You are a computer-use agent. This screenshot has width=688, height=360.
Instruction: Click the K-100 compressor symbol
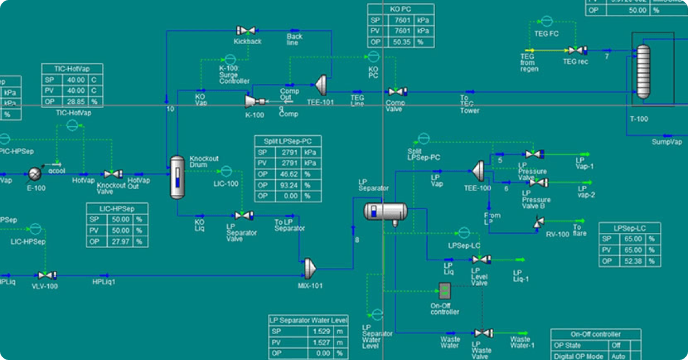click(252, 101)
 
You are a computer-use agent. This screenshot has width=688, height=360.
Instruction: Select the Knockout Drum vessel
click(178, 177)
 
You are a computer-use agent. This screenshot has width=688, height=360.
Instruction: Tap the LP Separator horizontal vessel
click(385, 212)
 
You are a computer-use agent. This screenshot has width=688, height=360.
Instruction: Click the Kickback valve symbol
click(247, 30)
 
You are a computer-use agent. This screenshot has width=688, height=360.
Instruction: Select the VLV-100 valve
click(45, 276)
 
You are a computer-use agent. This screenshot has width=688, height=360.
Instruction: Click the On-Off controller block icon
click(445, 291)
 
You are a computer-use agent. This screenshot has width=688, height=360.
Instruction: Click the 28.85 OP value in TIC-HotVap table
click(76, 101)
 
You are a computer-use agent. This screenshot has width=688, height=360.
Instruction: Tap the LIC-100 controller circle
click(226, 171)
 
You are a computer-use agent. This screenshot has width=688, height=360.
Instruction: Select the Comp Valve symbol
click(396, 92)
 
